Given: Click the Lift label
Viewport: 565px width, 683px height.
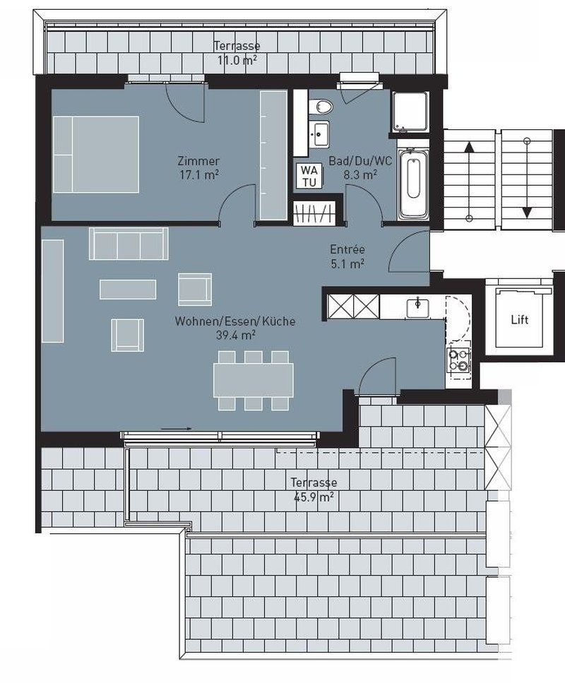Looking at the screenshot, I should click(x=519, y=319).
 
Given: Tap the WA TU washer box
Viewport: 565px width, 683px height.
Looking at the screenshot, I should click(x=309, y=175).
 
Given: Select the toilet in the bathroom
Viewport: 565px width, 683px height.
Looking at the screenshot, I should click(x=323, y=106).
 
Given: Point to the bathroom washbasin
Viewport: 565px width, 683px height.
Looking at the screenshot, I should click(x=321, y=131).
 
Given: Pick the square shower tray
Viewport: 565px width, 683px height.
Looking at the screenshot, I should click(x=410, y=112).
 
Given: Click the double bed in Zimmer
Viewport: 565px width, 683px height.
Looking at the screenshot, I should click(x=95, y=154).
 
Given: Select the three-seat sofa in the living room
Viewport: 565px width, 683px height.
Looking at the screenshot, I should click(x=128, y=244).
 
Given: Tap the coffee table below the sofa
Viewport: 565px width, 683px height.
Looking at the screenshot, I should click(x=128, y=289).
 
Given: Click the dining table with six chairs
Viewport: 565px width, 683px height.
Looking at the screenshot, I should click(x=254, y=380).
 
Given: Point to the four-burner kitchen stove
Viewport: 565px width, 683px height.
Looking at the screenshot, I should click(x=459, y=360).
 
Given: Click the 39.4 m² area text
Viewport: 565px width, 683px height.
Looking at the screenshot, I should click(x=235, y=335).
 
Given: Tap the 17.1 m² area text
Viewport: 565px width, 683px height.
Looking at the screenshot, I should click(x=199, y=174).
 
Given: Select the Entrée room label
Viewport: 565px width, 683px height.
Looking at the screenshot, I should click(x=347, y=249).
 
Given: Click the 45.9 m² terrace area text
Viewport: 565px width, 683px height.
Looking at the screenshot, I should click(x=314, y=497).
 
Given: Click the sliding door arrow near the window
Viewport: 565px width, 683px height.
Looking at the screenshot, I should click(x=176, y=428).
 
